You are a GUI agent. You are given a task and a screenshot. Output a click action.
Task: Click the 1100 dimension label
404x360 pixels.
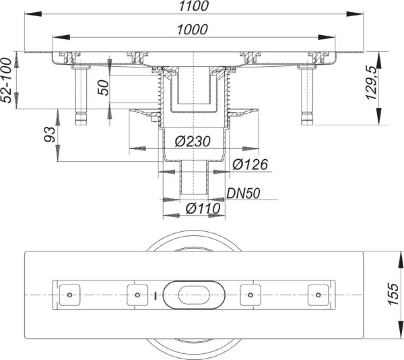coord(194,6)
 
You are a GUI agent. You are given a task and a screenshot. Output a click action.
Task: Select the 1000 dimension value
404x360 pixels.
coord(192,30)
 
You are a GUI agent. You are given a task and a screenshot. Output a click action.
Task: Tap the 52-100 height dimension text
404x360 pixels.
coord(7,80)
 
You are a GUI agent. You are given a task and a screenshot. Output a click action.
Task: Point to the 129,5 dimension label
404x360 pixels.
coord(372,83)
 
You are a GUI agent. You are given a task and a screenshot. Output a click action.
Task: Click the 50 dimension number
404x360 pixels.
coord(104,88)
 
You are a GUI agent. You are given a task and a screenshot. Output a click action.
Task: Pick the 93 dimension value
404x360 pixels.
coord(50,134)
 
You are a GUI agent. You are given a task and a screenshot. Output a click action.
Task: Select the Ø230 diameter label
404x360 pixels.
coord(193,142)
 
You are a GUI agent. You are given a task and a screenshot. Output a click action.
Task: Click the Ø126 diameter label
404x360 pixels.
coord(250,164)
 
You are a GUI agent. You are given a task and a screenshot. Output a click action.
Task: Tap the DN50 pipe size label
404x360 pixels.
coord(243,193)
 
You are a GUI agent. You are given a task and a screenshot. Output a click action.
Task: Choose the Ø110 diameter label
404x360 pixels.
coord(203,208)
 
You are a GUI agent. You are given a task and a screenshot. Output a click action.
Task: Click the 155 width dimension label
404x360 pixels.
coord(393,294)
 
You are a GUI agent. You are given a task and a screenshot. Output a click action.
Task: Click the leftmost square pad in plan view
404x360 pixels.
coord(69,295)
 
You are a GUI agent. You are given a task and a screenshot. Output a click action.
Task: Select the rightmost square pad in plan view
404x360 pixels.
coord(318,295)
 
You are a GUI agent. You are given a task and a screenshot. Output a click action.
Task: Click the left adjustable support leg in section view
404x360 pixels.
coord(81,96)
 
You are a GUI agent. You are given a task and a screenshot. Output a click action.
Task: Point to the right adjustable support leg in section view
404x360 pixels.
coord(307,96)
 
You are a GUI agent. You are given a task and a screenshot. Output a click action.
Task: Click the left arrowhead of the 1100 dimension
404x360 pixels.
coord(33,13)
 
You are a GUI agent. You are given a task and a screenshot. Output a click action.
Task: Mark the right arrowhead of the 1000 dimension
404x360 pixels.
coord(327,37)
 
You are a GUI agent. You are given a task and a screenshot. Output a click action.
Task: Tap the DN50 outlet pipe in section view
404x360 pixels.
coord(194,177)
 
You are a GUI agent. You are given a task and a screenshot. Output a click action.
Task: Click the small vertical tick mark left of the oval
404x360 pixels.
coord(155,296)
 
